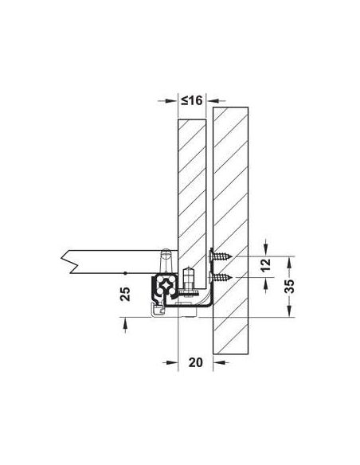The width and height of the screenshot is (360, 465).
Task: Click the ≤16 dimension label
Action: click(x=192, y=101)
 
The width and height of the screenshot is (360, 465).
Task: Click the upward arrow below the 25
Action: click(x=125, y=322)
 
